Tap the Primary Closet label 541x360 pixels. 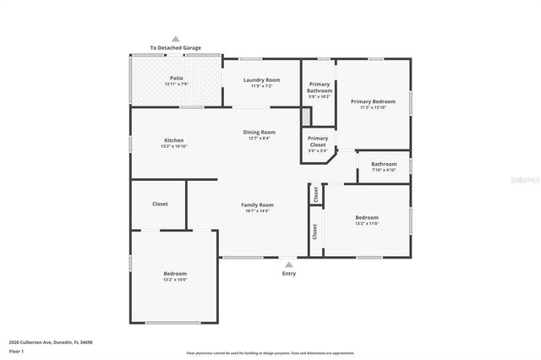click(318, 141)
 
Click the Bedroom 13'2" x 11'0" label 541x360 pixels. click(366, 220)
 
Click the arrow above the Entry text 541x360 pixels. click(289, 265)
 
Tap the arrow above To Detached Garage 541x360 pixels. click(176, 39)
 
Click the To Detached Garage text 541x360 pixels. click(176, 48)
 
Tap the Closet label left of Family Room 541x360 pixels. click(160, 204)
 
